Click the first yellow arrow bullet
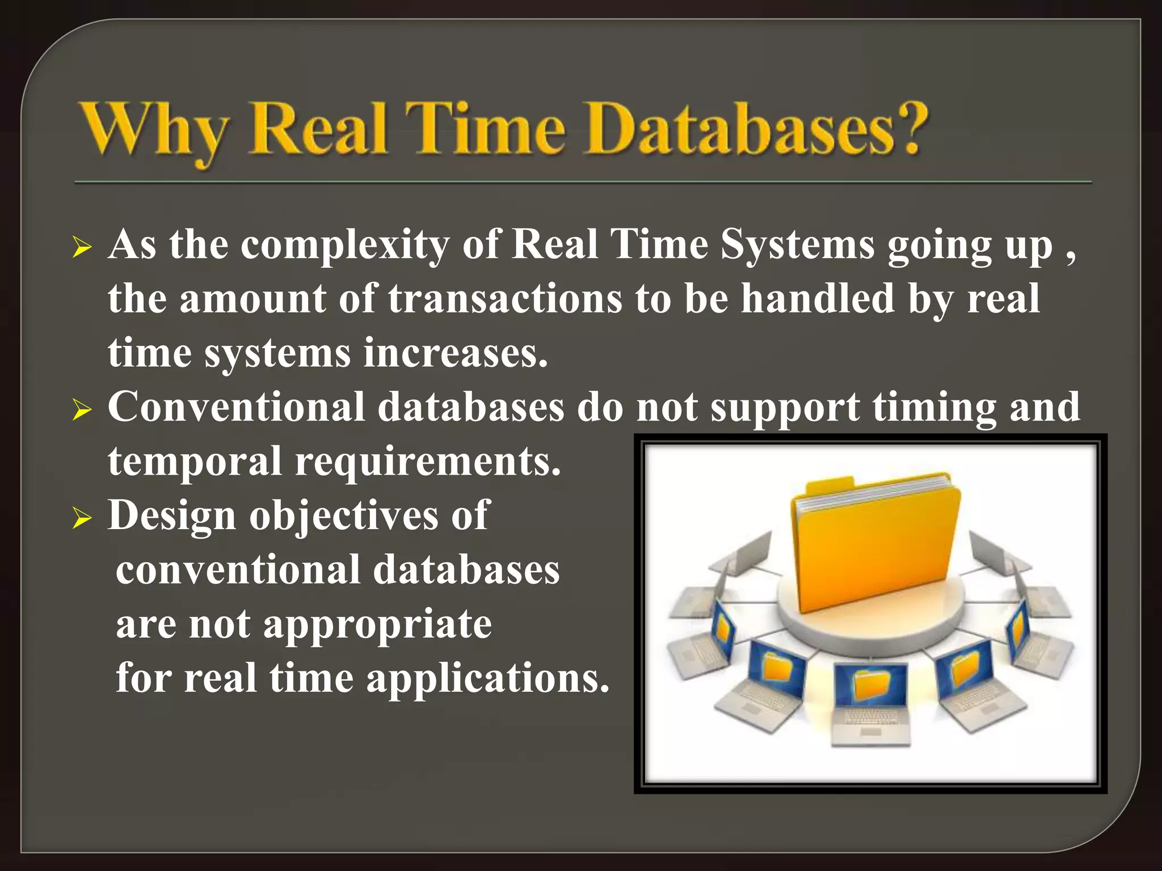pos(82,248)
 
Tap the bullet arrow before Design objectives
pos(82,518)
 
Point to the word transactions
pos(505,299)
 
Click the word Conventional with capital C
pos(236,407)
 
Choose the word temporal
pos(195,461)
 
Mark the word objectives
pos(343,516)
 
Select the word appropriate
pos(377,625)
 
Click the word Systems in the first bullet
pos(797,246)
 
